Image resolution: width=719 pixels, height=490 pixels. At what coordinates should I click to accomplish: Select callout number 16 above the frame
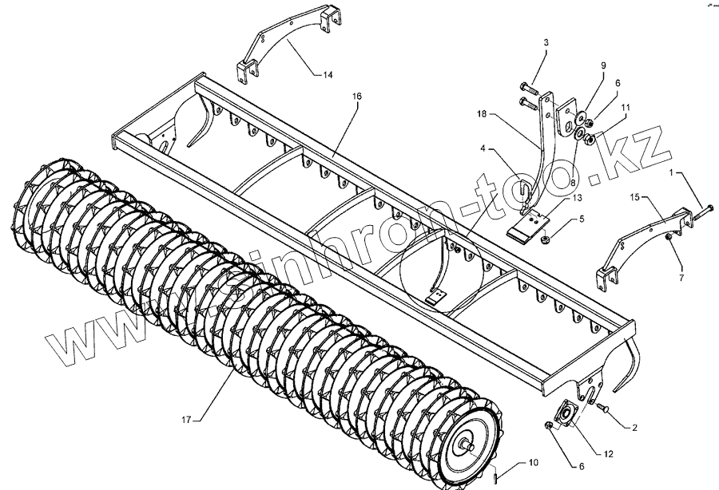point(356,96)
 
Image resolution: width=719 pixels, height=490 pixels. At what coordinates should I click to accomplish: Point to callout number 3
point(546,41)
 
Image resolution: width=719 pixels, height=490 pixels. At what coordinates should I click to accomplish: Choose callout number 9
point(603,65)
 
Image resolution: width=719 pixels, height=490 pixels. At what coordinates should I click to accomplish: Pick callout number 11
point(625,106)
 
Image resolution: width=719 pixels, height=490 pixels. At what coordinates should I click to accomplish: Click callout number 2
point(635,429)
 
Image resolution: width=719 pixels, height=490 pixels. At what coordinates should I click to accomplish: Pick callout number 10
point(533,463)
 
